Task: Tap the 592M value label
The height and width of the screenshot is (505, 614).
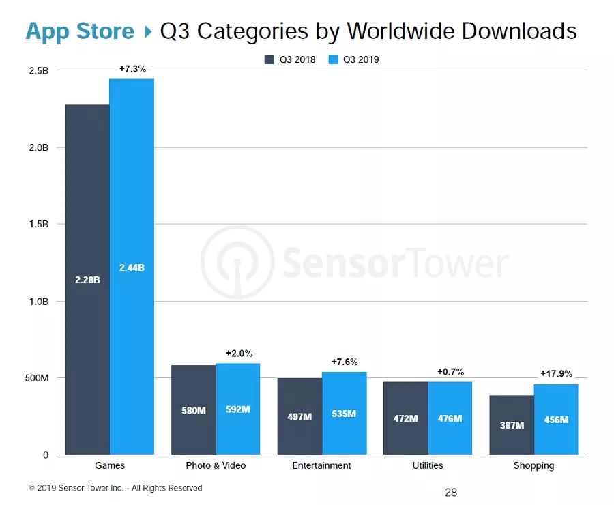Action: tap(238, 410)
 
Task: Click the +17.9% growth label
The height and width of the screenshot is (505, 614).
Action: tap(556, 373)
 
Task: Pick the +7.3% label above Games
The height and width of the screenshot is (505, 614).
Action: tap(132, 69)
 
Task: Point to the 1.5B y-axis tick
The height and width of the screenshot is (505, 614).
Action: tap(38, 225)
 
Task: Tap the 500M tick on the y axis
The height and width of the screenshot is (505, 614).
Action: tap(36, 378)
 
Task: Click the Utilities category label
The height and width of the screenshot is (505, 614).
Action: tap(428, 465)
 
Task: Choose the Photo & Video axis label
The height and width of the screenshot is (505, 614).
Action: tap(216, 465)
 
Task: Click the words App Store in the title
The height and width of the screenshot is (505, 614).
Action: tap(80, 31)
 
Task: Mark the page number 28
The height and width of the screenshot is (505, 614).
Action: tap(451, 492)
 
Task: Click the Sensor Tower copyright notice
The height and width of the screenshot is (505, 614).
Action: tap(115, 488)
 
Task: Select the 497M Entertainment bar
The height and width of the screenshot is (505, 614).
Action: tap(299, 416)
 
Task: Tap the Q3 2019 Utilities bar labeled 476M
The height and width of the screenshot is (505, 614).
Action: tap(450, 418)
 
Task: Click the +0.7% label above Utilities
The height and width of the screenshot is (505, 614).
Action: tap(450, 372)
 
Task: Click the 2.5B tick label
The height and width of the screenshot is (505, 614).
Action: tap(38, 71)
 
